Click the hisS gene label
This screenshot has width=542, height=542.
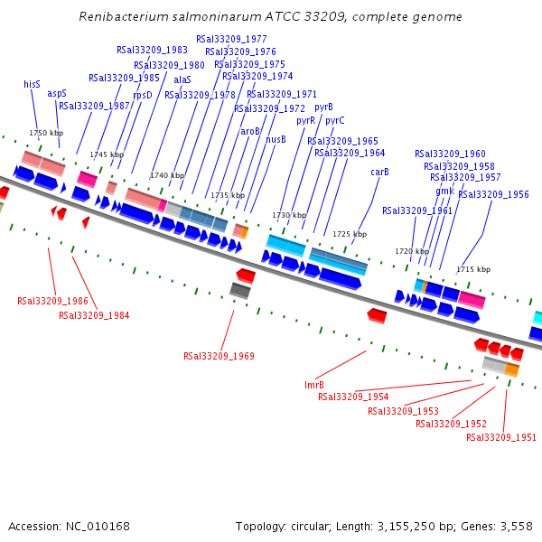coord(32,84)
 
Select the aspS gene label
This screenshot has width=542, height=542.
coord(57,93)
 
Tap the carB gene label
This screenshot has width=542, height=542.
coord(379,172)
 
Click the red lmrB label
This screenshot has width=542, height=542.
coord(313,385)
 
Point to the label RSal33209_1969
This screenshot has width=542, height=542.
coord(219,356)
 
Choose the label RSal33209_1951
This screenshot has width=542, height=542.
coord(501,437)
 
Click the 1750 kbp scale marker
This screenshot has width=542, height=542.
coord(46,133)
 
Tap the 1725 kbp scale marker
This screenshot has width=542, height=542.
coord(350,234)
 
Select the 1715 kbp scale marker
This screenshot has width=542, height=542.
coord(473,269)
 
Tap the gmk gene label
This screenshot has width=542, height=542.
coord(444,191)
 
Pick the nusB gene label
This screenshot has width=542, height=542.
coord(276,139)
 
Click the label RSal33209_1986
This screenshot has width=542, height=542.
coord(52,301)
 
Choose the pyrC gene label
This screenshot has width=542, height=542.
coord(334,120)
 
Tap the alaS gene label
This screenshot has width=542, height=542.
coord(182,79)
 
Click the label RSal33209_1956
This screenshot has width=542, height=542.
coord(493,194)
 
